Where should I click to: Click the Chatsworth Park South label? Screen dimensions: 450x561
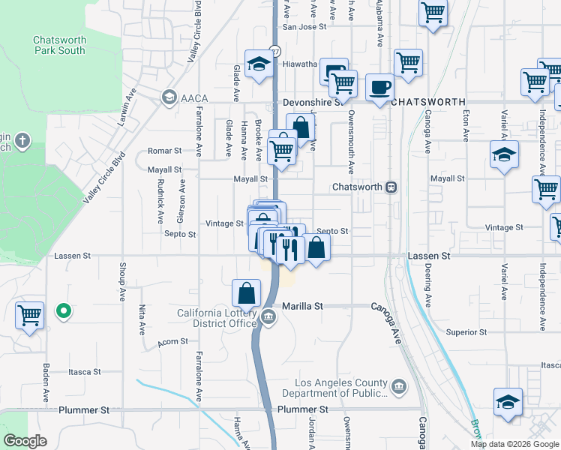click(59, 46)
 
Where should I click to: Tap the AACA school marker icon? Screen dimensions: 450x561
click(169, 97)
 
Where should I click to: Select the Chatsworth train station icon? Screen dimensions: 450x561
click(391, 187)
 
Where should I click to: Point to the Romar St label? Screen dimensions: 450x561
click(165, 151)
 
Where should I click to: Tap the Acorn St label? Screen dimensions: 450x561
click(172, 343)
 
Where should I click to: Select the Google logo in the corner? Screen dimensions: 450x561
click(25, 441)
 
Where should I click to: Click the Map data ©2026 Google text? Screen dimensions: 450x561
click(514, 444)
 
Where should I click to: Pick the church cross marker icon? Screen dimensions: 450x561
click(23, 140)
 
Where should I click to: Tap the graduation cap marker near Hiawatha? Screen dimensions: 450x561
click(258, 64)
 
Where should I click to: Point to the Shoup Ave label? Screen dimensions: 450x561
click(122, 285)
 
